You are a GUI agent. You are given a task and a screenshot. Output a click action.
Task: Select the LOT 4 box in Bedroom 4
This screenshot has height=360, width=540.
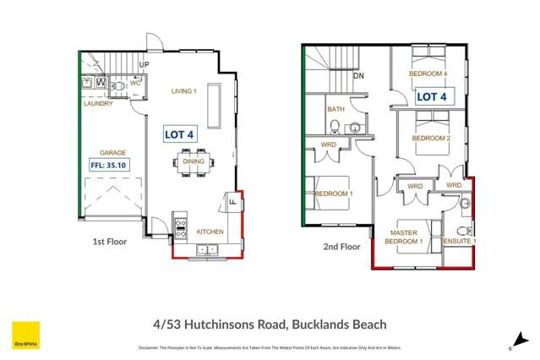(x=431, y=97)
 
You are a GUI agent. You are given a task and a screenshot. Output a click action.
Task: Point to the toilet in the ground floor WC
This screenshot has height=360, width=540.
(x=119, y=85)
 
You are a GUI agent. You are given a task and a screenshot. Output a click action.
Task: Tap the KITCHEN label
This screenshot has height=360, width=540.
(x=210, y=231)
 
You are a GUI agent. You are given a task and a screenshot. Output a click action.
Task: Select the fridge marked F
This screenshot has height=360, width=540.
(x=232, y=202)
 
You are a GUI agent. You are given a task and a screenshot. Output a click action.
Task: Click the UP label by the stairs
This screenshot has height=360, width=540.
(x=144, y=65)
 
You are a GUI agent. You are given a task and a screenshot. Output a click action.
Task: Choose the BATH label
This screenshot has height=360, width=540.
(x=335, y=109)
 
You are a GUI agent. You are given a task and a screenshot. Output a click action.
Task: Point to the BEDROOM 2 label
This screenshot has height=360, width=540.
(x=430, y=138)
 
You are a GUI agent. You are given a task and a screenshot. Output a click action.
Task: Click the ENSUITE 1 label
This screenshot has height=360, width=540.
(x=461, y=241)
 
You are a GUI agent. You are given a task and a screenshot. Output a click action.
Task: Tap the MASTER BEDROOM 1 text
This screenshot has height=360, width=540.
(x=405, y=236)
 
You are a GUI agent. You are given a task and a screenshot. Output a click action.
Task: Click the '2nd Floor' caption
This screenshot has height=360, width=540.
(x=341, y=247)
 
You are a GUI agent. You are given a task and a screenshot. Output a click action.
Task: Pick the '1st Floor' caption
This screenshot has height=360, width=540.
(x=110, y=241)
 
